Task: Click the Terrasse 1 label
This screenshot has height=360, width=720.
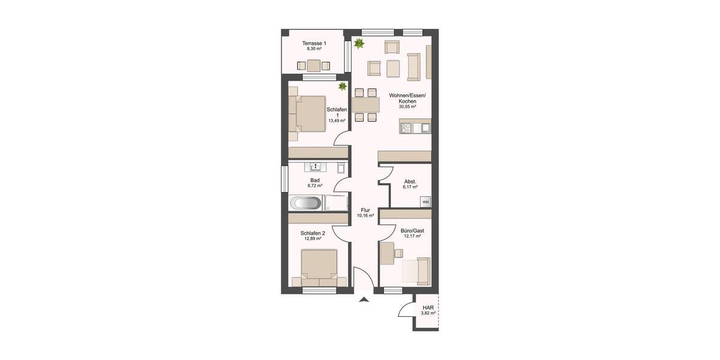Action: coord(314,44)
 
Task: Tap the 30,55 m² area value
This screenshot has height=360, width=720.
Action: coord(407,107)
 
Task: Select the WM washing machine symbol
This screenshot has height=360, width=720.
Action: coord(425,202)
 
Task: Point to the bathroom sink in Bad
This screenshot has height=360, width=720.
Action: coord(315,166)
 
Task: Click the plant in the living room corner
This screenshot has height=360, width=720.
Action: coord(359,43)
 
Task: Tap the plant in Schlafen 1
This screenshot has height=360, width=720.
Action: coord(343,87)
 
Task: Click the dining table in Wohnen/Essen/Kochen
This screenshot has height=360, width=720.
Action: coord(366,106)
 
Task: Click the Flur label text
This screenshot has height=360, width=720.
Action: coord(365,210)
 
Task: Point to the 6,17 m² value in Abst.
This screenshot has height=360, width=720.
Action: coord(410,187)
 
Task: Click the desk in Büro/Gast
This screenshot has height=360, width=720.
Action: coord(386,253)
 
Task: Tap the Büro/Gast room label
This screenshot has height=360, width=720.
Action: coord(413,230)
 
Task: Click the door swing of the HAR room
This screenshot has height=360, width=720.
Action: coord(405,310)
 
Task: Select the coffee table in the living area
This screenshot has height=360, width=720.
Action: coord(393,68)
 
